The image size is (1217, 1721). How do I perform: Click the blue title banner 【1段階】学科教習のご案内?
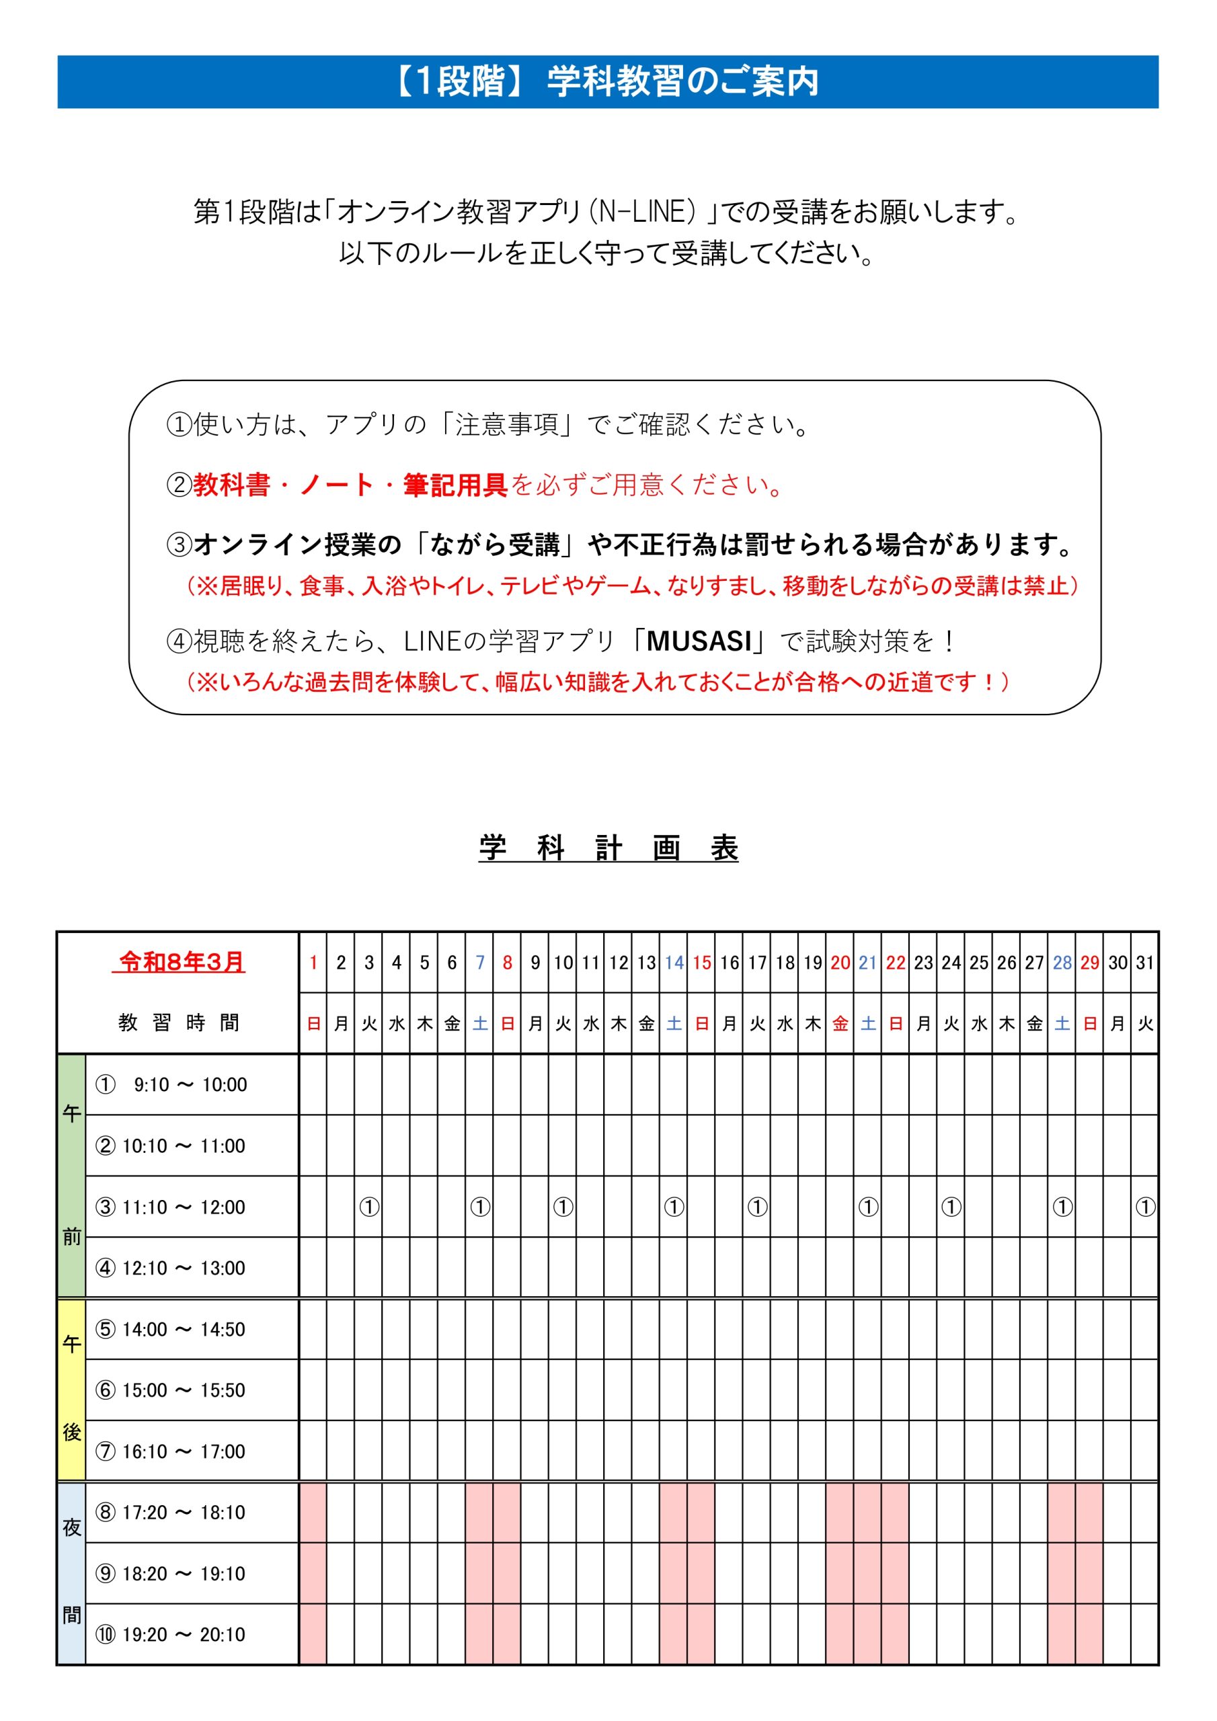pos(607,82)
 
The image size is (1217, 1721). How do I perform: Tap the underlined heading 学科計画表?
pos(608,848)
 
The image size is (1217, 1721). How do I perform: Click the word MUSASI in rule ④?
pos(699,641)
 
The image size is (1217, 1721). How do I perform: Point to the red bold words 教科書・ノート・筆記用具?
pos(351,485)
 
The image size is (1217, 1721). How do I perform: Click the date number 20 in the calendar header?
pos(840,963)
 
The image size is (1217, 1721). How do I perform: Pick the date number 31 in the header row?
pos(1145,963)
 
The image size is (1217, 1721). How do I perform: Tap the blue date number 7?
pos(480,963)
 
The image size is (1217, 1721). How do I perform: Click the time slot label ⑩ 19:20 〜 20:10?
pos(171,1635)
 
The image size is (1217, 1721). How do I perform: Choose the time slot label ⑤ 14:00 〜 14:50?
pos(171,1330)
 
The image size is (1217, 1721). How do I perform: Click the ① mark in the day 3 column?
pos(369,1207)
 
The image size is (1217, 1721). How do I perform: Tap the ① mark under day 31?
pos(1145,1207)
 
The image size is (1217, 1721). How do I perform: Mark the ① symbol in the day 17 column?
pos(757,1207)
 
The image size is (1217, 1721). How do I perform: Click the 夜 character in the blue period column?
pos(72,1527)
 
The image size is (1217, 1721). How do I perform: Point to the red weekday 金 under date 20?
pos(840,1024)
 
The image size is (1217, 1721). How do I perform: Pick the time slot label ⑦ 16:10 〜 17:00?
pos(171,1452)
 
